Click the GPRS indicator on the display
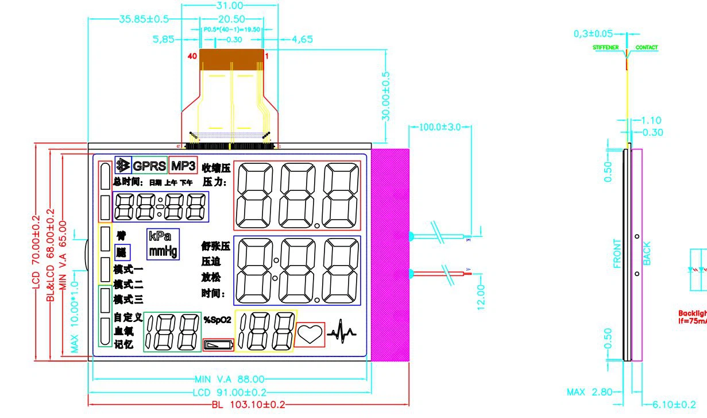click(x=149, y=166)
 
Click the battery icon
click(x=219, y=345)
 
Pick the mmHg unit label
click(x=163, y=251)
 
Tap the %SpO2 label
click(x=217, y=320)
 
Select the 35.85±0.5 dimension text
click(x=144, y=19)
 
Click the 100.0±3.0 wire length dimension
click(x=440, y=127)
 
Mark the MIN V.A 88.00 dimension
click(x=230, y=379)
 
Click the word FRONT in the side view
click(x=617, y=254)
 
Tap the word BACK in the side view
click(x=647, y=253)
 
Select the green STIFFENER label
click(x=606, y=48)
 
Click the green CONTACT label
click(x=647, y=48)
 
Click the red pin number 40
click(x=192, y=56)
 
